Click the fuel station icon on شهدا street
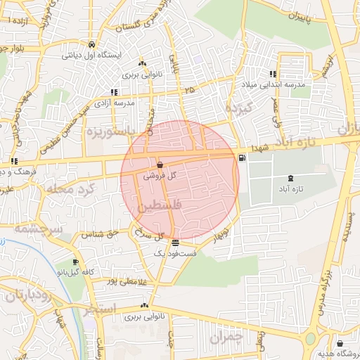coord(243,157)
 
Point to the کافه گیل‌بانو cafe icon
coord(75,262)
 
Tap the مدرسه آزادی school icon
coord(114,91)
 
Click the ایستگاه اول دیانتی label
coord(91,54)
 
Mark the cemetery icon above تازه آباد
coord(292,177)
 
